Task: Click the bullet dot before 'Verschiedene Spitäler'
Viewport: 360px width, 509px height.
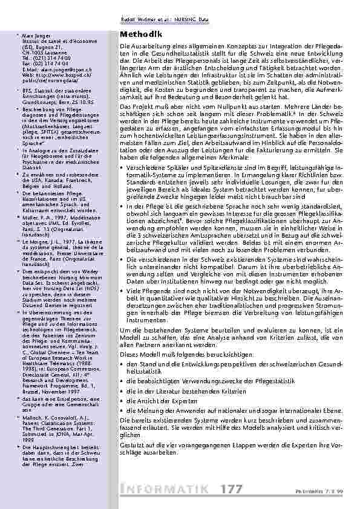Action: (x=123, y=166)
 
